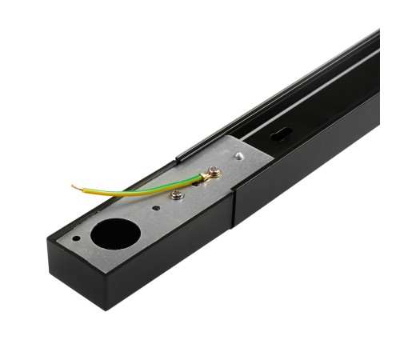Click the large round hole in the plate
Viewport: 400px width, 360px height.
(x=115, y=234)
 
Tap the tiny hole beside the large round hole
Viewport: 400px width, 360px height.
(x=76, y=238)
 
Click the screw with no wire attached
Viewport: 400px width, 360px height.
(x=177, y=194)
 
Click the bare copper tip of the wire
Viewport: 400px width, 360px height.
(x=74, y=187)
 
